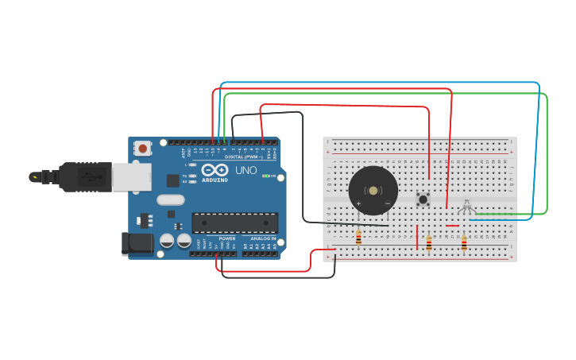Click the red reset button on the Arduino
click(x=143, y=148)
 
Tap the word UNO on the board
click(x=246, y=170)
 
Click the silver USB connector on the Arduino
click(x=131, y=177)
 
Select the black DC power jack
click(x=137, y=244)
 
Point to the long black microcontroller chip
click(x=234, y=223)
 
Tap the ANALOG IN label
click(x=262, y=238)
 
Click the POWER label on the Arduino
click(x=227, y=238)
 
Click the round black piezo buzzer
click(x=373, y=191)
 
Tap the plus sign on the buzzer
click(x=358, y=204)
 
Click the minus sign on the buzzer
click(x=387, y=204)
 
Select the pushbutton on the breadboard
click(x=423, y=199)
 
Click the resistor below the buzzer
click(x=358, y=237)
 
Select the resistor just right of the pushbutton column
click(x=429, y=243)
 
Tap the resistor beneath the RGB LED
click(x=464, y=243)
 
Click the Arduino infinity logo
click(x=215, y=170)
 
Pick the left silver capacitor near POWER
click(x=167, y=241)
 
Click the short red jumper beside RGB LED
click(x=451, y=226)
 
